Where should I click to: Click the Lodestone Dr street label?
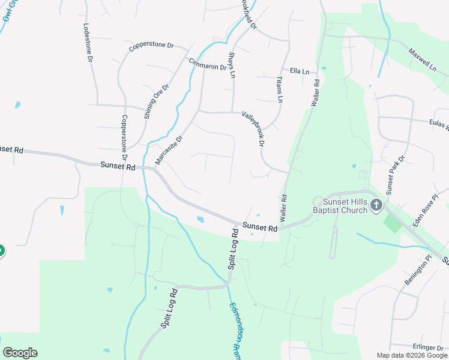(x=88, y=43)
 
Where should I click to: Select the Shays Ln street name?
(x=232, y=65)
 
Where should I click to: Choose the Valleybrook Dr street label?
(x=253, y=129)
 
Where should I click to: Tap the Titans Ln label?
(x=279, y=89)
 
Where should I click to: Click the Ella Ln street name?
(x=299, y=71)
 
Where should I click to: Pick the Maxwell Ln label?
(x=423, y=60)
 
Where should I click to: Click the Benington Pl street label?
(x=418, y=271)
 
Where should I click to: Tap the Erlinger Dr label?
(x=428, y=347)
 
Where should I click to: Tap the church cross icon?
(x=376, y=205)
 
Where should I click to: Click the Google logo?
(x=20, y=353)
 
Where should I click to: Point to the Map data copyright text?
(x=411, y=355)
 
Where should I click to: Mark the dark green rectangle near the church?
(x=393, y=224)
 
